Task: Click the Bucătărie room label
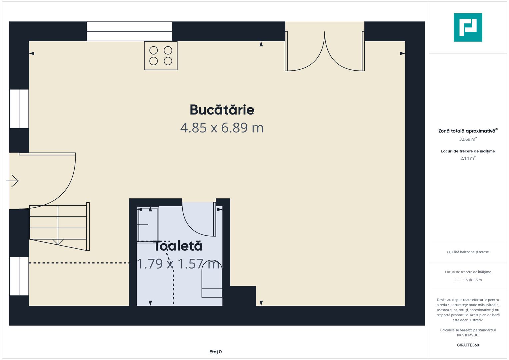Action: tap(222, 110)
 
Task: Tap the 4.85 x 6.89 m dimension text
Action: tap(222, 128)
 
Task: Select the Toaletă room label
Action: tap(178, 246)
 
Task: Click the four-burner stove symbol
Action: tap(161, 56)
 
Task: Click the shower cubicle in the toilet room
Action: tap(148, 225)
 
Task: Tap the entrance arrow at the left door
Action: tap(12, 181)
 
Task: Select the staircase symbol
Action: tap(59, 227)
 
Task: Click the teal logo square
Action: tap(468, 27)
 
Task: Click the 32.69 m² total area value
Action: tap(468, 139)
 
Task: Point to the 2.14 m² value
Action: tap(468, 158)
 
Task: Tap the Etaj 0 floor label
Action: tap(215, 352)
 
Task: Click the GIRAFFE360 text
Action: tap(468, 345)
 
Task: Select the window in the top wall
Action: tap(130, 31)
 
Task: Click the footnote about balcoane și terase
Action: tap(468, 252)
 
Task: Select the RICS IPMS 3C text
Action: tap(468, 335)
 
